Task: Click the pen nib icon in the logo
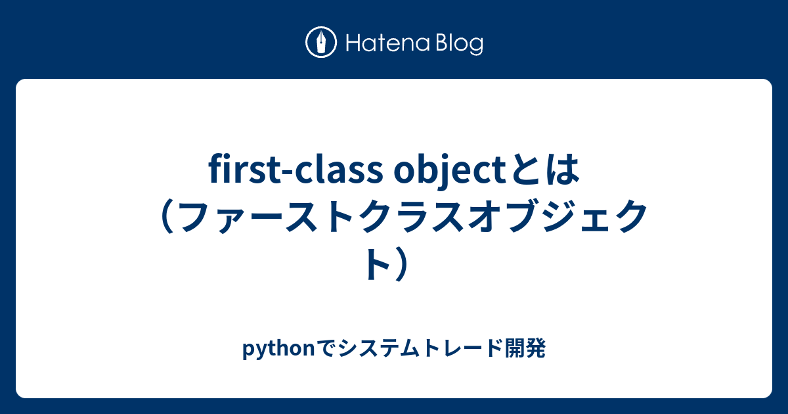[321, 43]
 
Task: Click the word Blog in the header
[457, 45]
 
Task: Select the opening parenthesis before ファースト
[160, 218]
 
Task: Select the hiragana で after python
[326, 349]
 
